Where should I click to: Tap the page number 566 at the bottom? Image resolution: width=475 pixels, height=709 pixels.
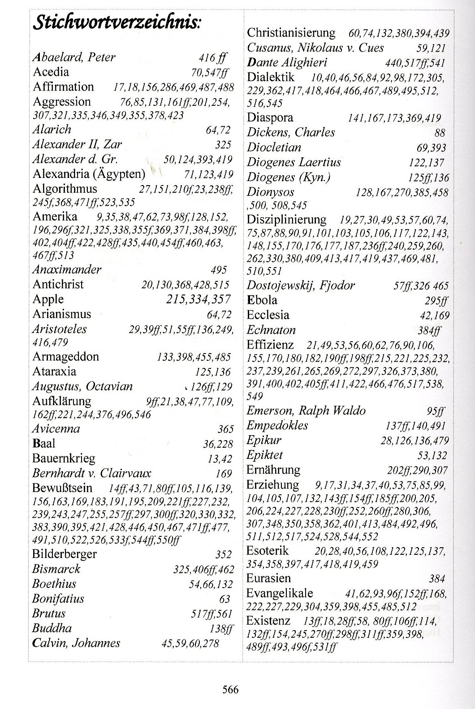[x=230, y=689]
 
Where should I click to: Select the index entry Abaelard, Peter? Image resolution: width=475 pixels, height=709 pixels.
[x=74, y=57]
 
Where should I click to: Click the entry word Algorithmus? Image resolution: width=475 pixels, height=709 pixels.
[x=65, y=189]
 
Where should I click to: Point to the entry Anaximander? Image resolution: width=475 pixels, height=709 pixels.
[x=67, y=270]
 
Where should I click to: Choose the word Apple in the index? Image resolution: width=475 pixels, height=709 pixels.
[x=48, y=299]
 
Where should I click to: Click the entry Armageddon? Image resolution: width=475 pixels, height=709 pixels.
[x=65, y=357]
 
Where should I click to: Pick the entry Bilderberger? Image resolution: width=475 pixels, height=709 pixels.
[x=64, y=554]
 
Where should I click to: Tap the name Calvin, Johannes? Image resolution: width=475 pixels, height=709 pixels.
[x=76, y=643]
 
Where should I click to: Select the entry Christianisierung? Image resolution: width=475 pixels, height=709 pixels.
[x=291, y=33]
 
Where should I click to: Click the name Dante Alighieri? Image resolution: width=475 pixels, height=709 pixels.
[x=287, y=62]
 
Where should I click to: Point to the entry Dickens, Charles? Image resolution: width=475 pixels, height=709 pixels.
[x=291, y=133]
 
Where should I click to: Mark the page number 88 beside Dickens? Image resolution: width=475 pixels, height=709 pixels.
[x=440, y=134]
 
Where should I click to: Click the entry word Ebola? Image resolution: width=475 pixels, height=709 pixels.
[x=262, y=300]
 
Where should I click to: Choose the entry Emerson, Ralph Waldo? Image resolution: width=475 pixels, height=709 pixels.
[x=306, y=411]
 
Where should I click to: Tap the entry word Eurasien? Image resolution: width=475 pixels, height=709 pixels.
[x=268, y=578]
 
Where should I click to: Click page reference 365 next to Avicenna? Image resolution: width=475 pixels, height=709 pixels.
[x=225, y=429]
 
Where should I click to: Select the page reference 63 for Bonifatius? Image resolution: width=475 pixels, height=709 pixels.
[x=225, y=599]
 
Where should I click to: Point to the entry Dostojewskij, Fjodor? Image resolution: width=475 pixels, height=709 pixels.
[x=301, y=285]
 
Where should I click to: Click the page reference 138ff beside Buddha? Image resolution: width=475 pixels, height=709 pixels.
[x=221, y=629]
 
